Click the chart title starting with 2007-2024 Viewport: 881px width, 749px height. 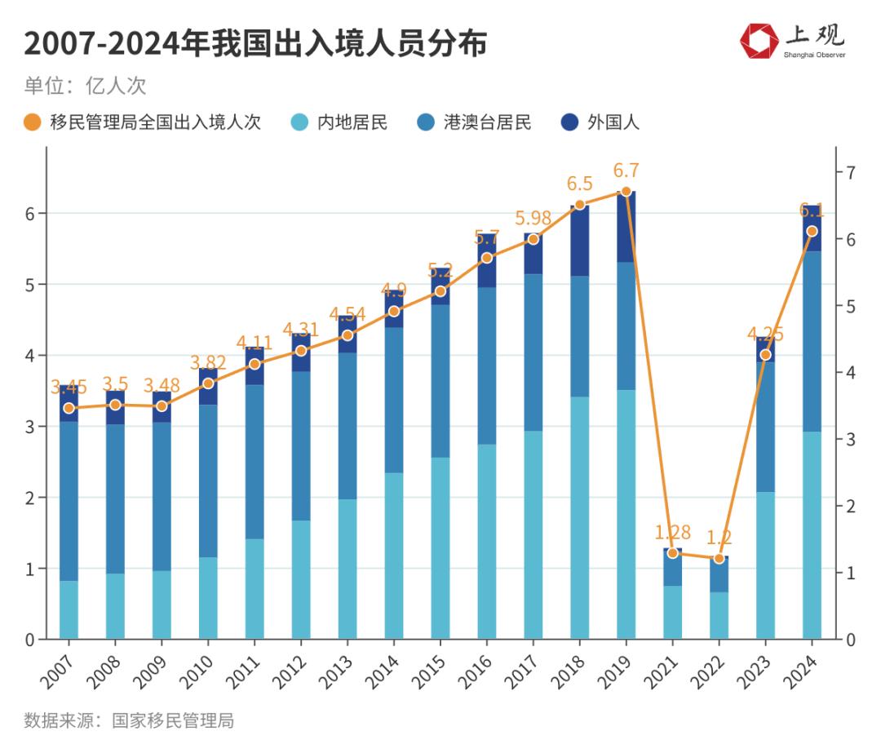coord(255,42)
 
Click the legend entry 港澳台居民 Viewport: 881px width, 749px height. coord(475,123)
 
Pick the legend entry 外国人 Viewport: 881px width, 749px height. coord(600,123)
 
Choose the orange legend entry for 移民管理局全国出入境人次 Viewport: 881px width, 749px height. coord(143,123)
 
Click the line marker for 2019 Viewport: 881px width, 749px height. coord(626,191)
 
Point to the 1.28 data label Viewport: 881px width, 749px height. coord(672,533)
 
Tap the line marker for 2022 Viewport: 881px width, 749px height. coord(719,559)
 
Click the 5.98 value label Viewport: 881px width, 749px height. coord(533,219)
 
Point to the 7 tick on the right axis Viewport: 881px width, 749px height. coord(850,172)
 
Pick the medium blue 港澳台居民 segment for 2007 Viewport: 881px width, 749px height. coord(69,501)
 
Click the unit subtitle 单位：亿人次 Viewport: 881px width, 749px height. coord(85,86)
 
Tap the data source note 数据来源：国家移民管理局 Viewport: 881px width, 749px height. coord(129,720)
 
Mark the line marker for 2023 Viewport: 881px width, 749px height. coord(765,354)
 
